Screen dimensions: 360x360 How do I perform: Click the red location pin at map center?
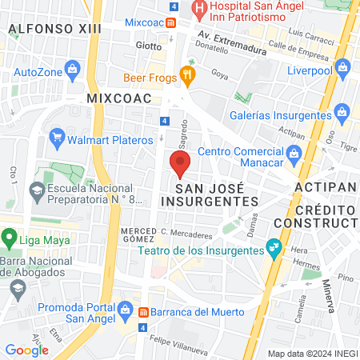(179, 164)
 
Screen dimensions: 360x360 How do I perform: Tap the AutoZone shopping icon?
(73, 69)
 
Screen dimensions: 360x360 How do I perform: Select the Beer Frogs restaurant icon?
(188, 74)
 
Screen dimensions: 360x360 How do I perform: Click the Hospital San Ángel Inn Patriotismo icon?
(198, 9)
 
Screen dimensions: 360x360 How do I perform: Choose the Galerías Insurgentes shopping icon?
(342, 110)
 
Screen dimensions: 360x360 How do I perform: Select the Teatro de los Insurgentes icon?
(274, 246)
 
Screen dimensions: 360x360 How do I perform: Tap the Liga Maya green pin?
(10, 238)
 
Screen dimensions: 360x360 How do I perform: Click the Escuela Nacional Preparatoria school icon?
(36, 190)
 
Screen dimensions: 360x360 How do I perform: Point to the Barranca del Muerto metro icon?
(142, 312)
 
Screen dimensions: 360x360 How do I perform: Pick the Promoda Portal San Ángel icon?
(123, 309)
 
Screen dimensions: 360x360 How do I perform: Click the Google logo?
(26, 350)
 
